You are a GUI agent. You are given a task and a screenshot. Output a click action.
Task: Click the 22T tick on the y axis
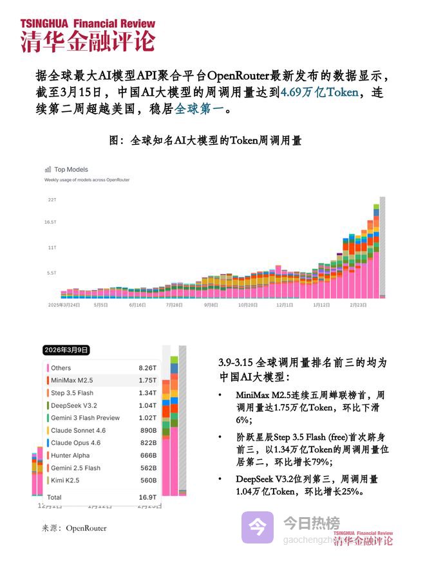[52, 200]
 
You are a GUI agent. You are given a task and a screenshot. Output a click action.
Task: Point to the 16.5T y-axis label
[51, 223]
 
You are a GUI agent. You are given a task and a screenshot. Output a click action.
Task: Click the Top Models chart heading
[71, 170]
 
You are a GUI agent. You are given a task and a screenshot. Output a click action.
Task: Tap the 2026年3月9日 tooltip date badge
[66, 351]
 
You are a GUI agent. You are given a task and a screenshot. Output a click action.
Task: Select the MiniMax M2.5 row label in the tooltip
[72, 380]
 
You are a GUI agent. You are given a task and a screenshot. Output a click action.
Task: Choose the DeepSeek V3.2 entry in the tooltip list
[74, 405]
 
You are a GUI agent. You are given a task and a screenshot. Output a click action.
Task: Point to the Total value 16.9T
[147, 497]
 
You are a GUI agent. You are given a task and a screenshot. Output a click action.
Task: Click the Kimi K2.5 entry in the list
[67, 480]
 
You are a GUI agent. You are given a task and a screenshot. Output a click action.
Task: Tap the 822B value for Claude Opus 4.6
[148, 443]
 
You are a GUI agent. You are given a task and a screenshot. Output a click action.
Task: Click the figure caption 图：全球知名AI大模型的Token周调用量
[205, 140]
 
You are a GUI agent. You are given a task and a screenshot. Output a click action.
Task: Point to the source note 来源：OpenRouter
[74, 528]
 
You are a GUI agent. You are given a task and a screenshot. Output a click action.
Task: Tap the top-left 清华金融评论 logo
[87, 35]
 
